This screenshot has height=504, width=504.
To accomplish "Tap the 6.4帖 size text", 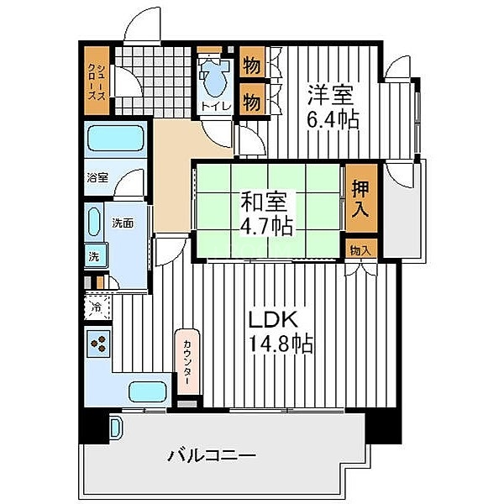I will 333,118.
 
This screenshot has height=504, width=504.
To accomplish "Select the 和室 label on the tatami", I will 266,202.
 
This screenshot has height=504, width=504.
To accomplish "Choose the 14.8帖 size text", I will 281,344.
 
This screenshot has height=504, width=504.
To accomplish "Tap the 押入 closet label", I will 360,199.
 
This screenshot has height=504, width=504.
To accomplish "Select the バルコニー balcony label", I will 212,456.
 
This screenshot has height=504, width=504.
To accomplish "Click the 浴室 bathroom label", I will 97,177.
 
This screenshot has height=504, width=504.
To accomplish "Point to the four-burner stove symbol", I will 98,343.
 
